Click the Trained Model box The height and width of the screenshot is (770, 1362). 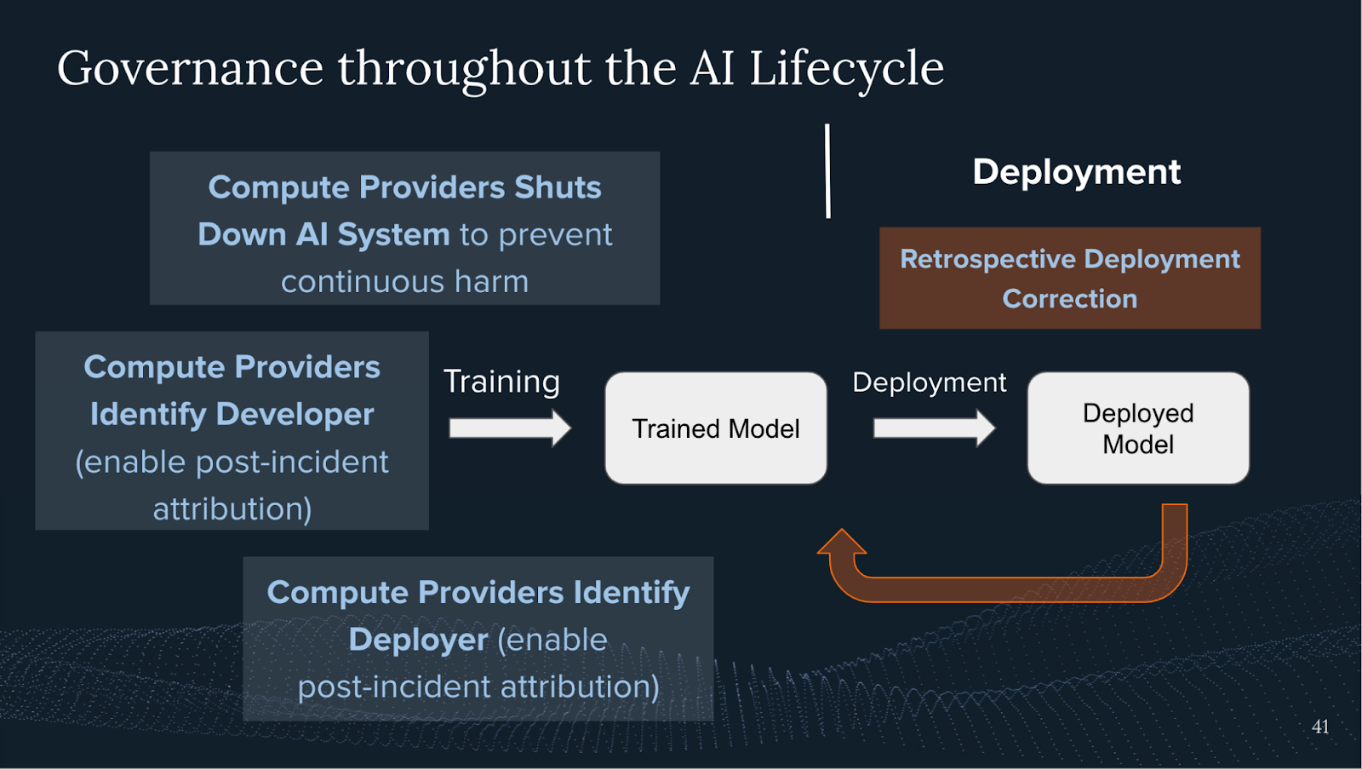tap(715, 428)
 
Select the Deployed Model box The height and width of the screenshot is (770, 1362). tap(1137, 428)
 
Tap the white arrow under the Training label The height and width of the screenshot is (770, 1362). tap(509, 428)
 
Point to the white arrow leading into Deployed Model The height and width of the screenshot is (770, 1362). tap(933, 428)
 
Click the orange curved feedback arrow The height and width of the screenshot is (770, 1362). tap(1004, 589)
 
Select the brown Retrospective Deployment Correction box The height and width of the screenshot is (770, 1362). tap(1069, 278)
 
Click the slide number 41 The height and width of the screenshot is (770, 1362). tap(1320, 727)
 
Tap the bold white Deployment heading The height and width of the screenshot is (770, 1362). tap(1076, 172)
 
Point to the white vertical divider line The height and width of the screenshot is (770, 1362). tap(827, 170)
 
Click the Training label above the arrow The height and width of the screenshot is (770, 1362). tap(501, 382)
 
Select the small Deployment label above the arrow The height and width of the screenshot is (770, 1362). tap(929, 382)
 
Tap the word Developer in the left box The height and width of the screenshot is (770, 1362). tap(295, 415)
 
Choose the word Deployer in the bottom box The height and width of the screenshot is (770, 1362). tap(417, 640)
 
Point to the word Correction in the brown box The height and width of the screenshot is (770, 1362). tap(1069, 299)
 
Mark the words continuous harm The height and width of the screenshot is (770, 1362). tap(404, 282)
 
